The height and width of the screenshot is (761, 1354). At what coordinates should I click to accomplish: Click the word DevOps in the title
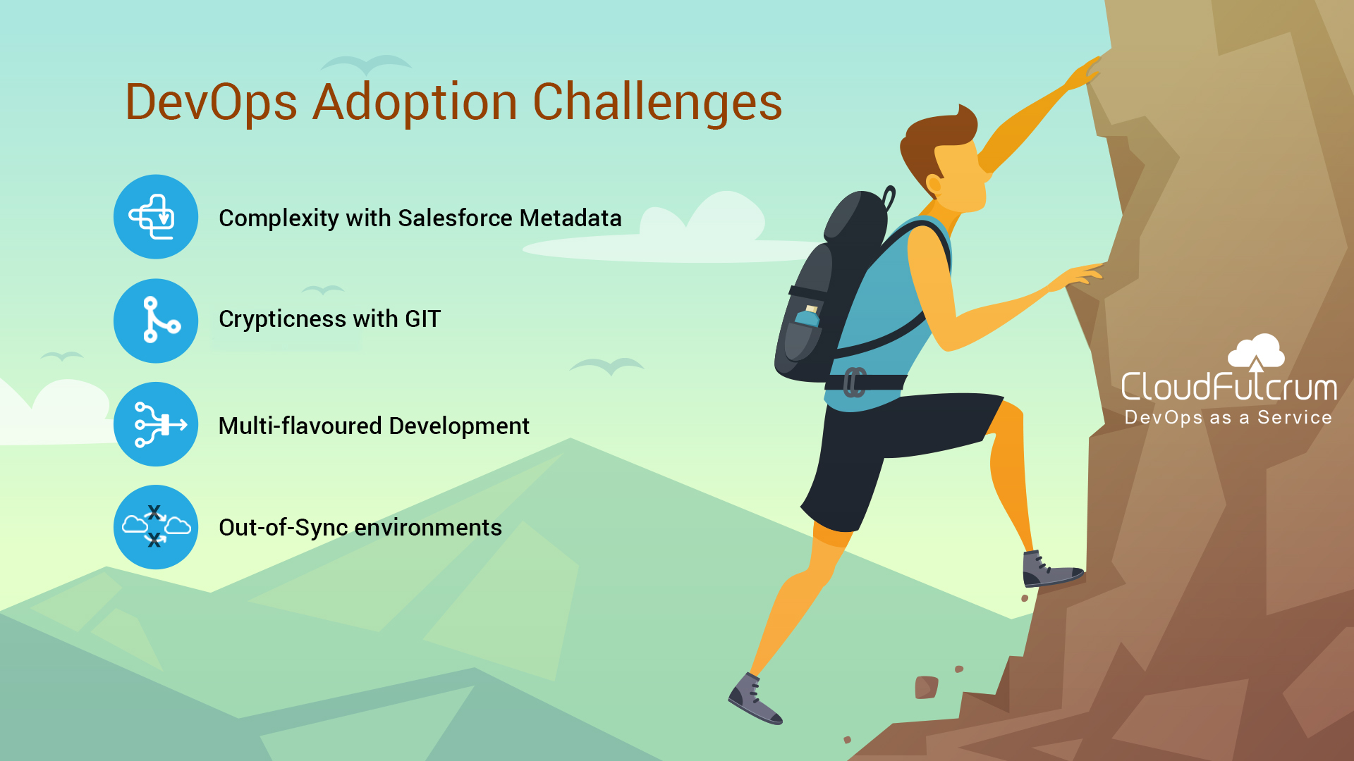(x=212, y=103)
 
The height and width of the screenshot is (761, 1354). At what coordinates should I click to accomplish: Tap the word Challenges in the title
(x=657, y=103)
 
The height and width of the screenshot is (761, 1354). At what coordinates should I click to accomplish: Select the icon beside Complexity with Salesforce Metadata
(x=156, y=217)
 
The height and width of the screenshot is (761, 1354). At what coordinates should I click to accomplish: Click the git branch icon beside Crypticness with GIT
(x=156, y=321)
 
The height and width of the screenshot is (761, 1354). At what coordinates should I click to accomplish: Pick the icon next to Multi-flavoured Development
(x=156, y=424)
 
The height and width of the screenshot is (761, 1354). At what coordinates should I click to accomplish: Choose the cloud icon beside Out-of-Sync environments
(x=156, y=527)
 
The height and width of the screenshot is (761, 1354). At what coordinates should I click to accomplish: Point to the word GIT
(x=422, y=319)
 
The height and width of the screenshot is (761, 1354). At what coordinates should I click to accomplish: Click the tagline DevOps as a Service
(x=1228, y=418)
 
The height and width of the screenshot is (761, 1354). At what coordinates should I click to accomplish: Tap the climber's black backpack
(x=832, y=289)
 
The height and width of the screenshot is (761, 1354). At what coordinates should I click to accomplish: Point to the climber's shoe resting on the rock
(x=1051, y=569)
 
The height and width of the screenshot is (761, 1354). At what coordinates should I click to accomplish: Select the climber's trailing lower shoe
(x=755, y=699)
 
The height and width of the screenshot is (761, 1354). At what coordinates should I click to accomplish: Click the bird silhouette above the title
(x=365, y=65)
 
